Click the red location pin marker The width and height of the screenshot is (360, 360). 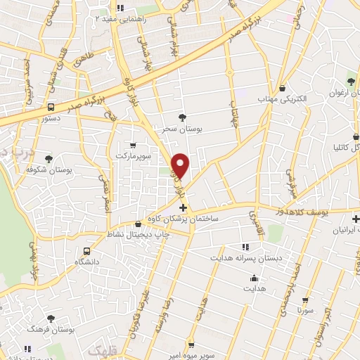click(x=181, y=165)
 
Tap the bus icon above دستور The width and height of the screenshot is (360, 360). click(x=51, y=108)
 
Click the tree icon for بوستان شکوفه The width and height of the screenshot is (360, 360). click(x=48, y=159)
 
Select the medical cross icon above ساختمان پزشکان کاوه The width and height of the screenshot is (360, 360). click(x=184, y=208)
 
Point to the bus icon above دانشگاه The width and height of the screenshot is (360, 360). click(x=87, y=250)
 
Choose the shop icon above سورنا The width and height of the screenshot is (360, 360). click(x=304, y=297)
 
